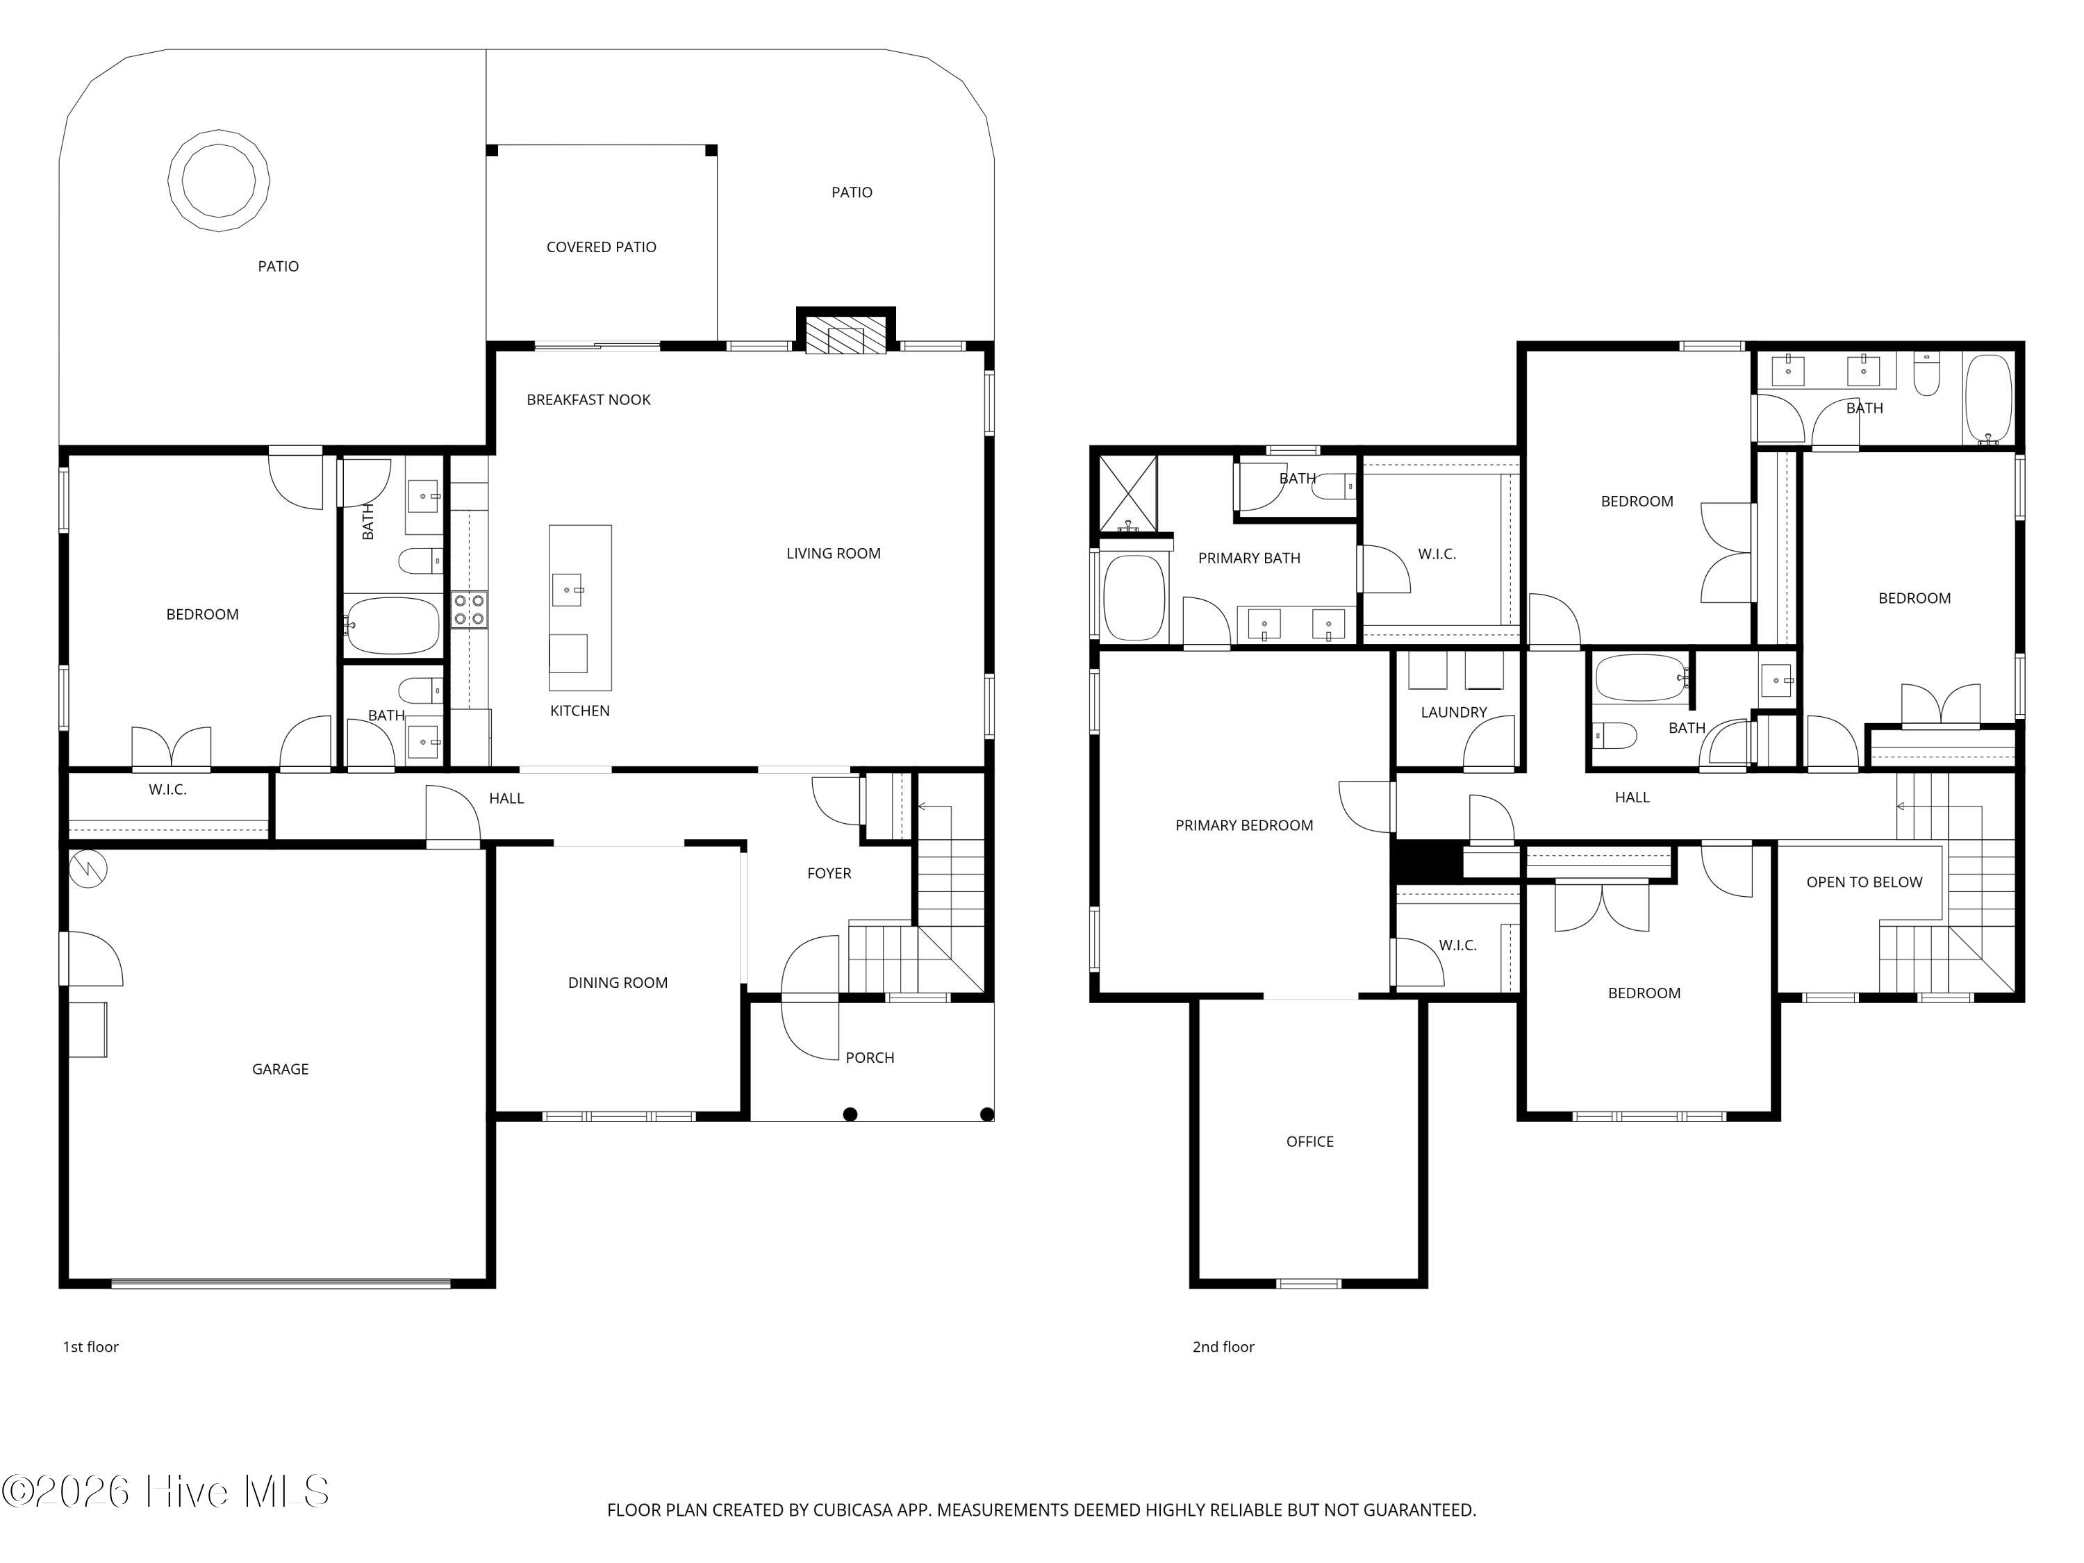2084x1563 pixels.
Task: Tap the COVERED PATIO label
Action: tap(601, 247)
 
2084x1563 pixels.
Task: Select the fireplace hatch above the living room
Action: tap(846, 334)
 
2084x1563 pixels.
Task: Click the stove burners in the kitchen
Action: tap(469, 609)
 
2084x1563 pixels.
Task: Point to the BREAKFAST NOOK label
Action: tap(589, 399)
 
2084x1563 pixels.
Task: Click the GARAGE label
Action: tap(280, 1068)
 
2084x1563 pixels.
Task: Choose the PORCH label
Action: tap(870, 1057)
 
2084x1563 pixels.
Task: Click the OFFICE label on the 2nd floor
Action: tap(1309, 1141)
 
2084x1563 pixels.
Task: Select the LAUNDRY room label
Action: tap(1454, 712)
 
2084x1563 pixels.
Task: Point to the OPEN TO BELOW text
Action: tap(1864, 882)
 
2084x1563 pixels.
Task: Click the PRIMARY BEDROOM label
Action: tap(1243, 825)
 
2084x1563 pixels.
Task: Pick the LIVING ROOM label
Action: tap(833, 553)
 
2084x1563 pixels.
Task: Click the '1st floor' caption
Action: tap(90, 1346)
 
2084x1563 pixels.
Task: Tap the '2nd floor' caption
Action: tap(1223, 1346)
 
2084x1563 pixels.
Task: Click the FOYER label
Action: tap(829, 873)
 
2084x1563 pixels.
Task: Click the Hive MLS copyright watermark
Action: tap(166, 1491)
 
